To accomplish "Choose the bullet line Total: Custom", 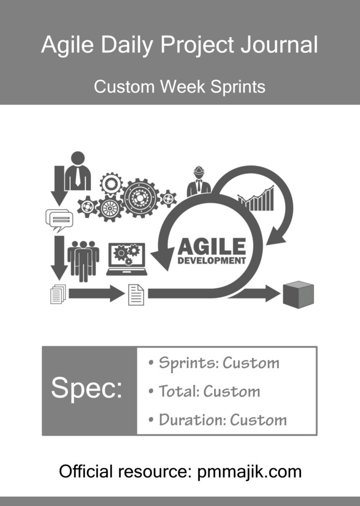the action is click(204, 392).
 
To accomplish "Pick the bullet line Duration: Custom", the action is click(217, 420).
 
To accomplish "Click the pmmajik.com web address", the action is click(249, 472).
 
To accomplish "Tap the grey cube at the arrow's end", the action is click(299, 295).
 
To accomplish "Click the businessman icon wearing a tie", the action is click(78, 171).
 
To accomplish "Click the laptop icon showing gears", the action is click(127, 259).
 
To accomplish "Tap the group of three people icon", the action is click(83, 261).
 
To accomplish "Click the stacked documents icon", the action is click(58, 294).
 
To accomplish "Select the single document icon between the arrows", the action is click(136, 295).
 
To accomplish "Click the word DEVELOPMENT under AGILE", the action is click(211, 261).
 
